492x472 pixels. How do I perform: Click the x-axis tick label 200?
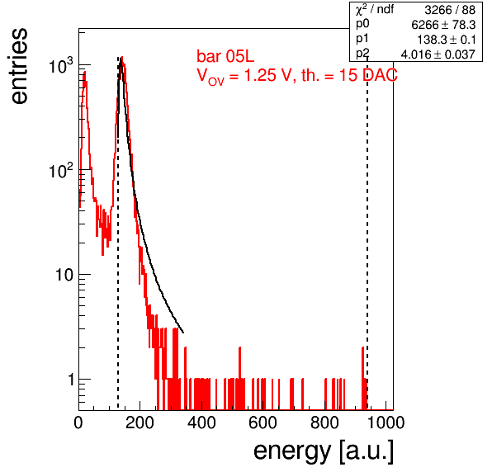tap(140, 423)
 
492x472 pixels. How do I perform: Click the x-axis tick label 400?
tap(201, 423)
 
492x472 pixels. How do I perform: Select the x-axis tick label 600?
tap(263, 423)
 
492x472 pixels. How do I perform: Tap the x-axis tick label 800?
tap(324, 423)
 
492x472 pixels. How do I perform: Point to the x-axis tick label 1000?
tap(385, 423)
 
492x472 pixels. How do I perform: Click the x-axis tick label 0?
tap(78, 423)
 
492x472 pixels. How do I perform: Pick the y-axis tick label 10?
tap(64, 275)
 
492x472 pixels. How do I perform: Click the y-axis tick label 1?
tap(71, 380)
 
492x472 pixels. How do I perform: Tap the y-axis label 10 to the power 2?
tap(61, 170)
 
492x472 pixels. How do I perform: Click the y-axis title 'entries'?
tap(20, 66)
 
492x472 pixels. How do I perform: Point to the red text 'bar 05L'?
tap(225, 57)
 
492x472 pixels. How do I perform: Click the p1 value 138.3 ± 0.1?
tap(446, 40)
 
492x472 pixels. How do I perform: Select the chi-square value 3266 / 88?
tap(450, 10)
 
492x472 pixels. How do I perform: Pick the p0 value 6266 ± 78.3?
tap(443, 25)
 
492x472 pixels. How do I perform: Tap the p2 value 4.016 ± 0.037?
tap(438, 54)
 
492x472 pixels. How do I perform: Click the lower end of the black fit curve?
tap(183, 333)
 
